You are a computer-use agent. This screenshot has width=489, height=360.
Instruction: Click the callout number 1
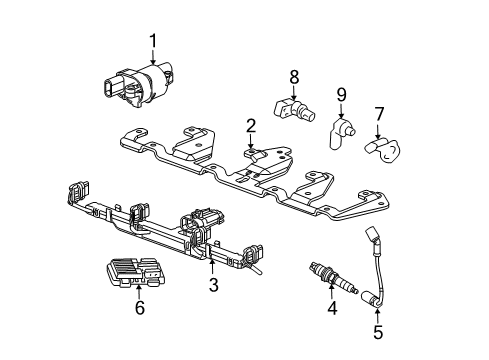click(x=153, y=41)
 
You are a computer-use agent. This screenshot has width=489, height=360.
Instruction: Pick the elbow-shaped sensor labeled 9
click(x=340, y=133)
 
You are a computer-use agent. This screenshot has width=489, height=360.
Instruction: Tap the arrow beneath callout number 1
click(x=153, y=56)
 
